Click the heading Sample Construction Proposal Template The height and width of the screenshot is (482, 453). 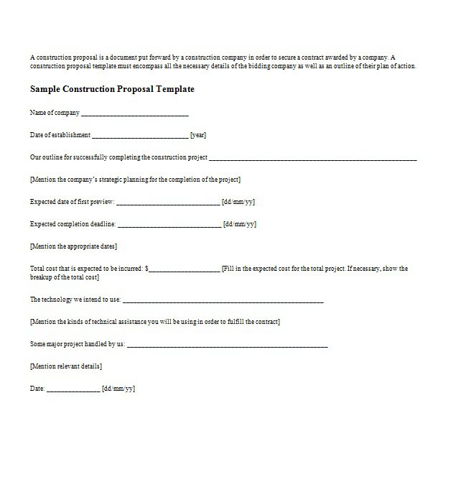(111, 90)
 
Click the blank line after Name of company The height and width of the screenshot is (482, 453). (135, 113)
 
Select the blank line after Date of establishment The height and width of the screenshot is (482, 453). (140, 136)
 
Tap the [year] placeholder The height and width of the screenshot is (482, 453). (199, 135)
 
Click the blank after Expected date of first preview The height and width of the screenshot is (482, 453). (168, 203)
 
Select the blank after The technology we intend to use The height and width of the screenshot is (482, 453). (223, 300)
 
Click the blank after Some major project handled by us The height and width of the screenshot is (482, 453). (228, 346)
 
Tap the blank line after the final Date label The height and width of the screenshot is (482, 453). (73, 390)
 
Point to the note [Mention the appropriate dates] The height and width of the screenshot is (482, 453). (73, 246)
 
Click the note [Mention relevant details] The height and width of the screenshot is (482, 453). (65, 366)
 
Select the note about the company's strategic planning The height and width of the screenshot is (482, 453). (135, 180)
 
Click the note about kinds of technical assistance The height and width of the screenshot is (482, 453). (155, 322)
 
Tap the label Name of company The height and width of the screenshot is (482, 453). (55, 113)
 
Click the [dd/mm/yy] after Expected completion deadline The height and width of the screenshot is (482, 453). (240, 224)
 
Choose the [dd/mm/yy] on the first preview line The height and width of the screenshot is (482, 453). (238, 202)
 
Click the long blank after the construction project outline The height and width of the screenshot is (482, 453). (313, 158)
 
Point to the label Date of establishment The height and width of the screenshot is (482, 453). (60, 135)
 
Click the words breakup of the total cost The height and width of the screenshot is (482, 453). (64, 277)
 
